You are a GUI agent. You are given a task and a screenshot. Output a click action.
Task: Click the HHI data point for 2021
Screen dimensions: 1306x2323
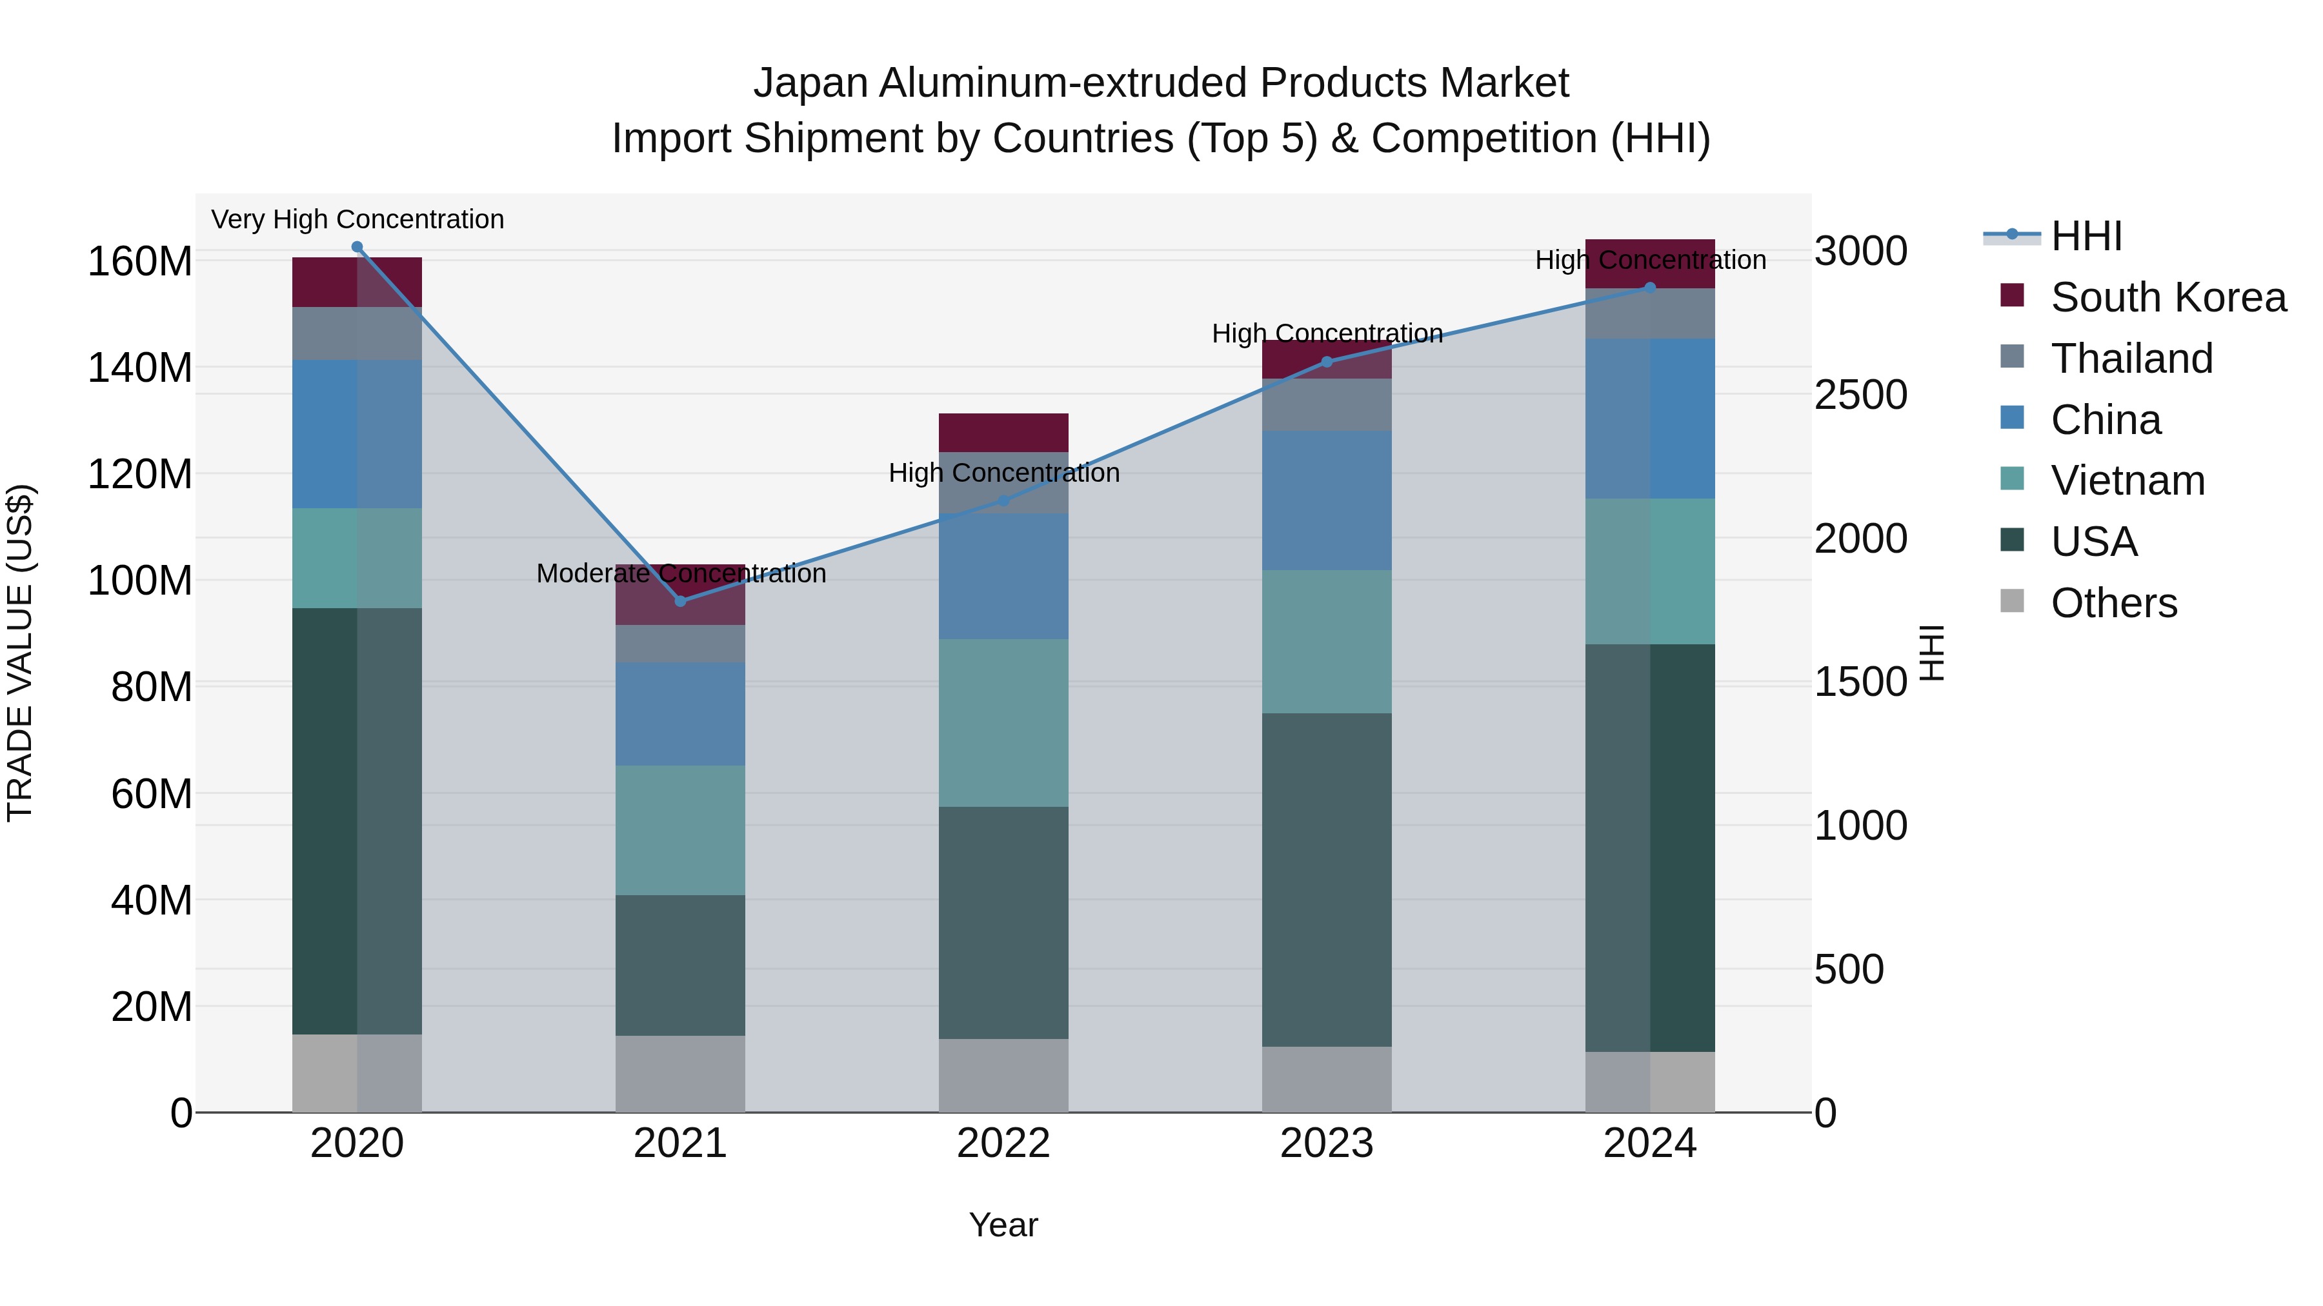(680, 601)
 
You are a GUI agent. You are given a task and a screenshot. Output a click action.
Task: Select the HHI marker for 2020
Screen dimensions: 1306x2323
(357, 247)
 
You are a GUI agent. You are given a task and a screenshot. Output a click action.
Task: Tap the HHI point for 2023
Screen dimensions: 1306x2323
(1327, 362)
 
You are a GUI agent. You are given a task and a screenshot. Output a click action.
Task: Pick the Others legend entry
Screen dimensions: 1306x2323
(2113, 603)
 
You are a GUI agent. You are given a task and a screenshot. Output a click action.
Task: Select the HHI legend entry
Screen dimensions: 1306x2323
(2086, 236)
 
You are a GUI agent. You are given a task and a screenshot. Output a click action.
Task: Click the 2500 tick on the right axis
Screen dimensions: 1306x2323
(1860, 395)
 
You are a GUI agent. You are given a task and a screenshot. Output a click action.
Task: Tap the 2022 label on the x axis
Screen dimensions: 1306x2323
(1003, 1143)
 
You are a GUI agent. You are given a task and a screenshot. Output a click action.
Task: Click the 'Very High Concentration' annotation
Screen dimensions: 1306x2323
(357, 220)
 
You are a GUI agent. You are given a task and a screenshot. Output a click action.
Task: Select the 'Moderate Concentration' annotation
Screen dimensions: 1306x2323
(681, 573)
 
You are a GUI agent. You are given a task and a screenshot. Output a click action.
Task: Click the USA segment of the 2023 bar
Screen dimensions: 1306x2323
(1327, 879)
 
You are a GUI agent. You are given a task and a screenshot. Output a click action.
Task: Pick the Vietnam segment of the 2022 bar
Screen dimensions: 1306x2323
(1003, 723)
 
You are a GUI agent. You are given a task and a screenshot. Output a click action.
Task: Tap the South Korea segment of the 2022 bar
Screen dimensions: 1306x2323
(1003, 433)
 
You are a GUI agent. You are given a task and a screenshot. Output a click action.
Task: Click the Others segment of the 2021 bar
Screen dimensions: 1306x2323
(680, 1073)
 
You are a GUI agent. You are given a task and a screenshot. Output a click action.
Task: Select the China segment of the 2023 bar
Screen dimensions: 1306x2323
(1327, 500)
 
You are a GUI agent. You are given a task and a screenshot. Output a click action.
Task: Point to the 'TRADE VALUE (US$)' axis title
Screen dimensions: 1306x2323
(20, 653)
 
